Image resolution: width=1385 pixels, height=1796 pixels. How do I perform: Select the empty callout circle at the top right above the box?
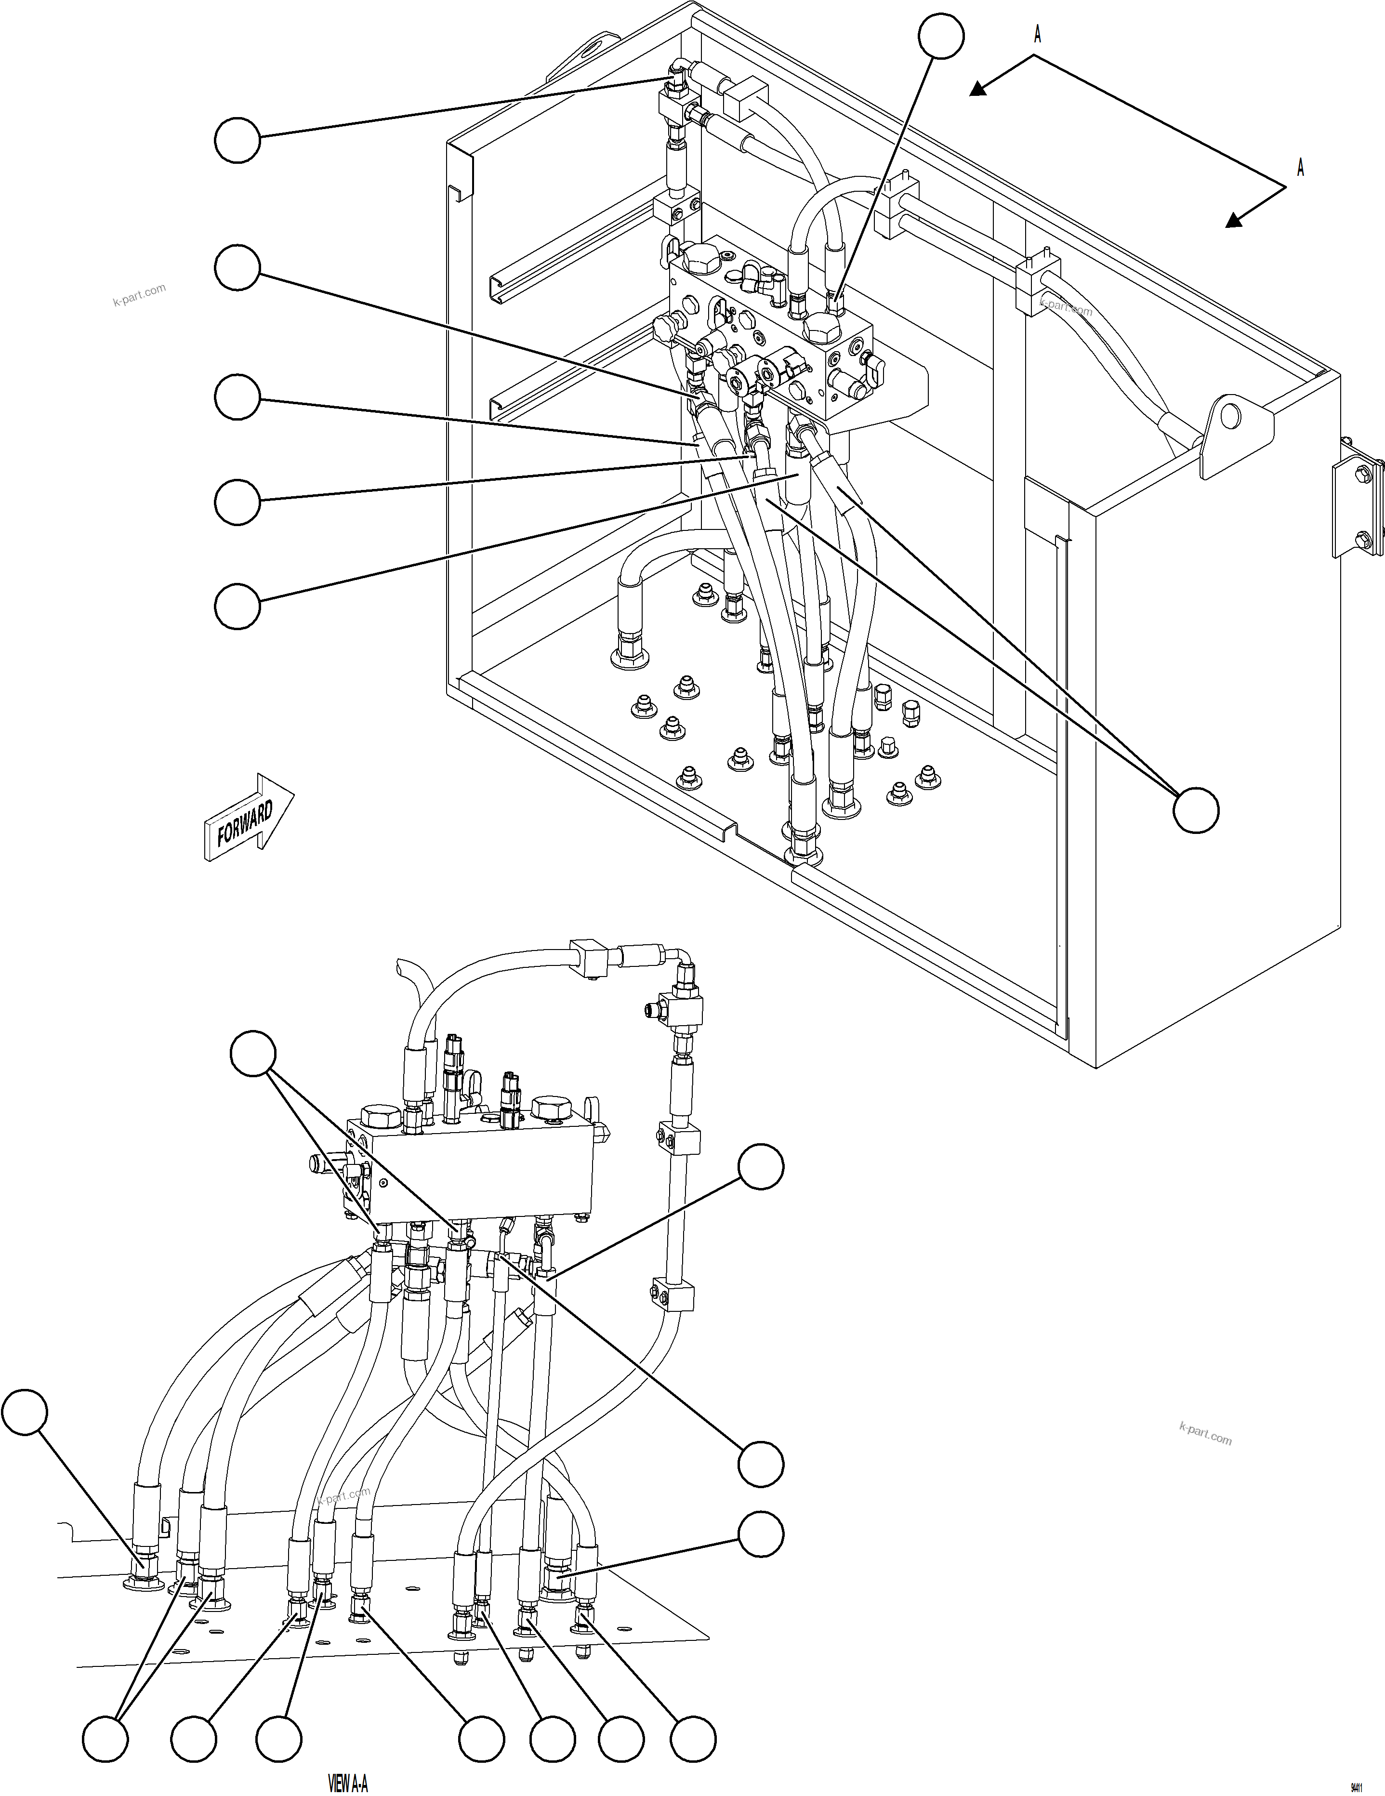[x=941, y=35]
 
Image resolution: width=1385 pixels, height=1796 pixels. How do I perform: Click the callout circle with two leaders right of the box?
[x=1195, y=810]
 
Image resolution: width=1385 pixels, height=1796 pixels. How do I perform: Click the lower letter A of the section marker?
[x=1300, y=167]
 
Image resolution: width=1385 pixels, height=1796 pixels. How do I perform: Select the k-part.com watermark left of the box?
[x=139, y=293]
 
